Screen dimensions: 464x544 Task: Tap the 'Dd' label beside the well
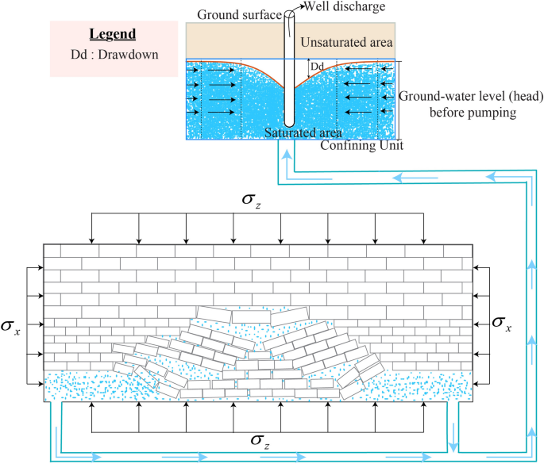pos(318,67)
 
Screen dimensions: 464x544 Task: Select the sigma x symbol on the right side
pos(502,322)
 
